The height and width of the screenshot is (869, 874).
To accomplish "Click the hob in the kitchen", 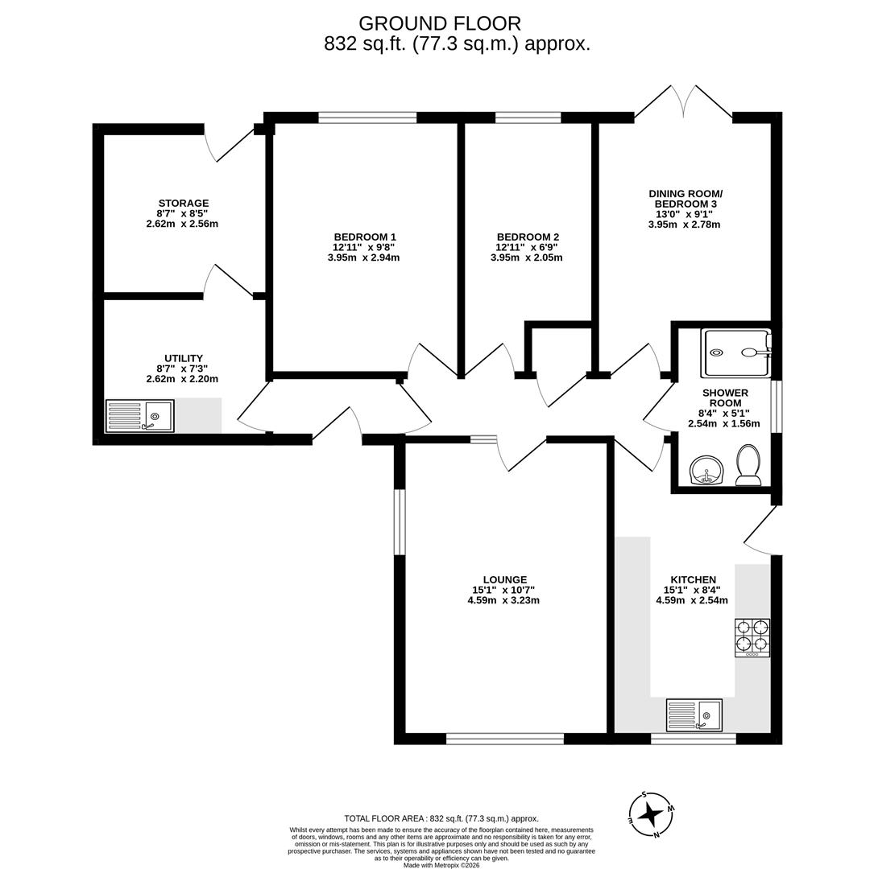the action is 752,637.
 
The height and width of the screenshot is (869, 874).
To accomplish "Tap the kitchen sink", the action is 694,715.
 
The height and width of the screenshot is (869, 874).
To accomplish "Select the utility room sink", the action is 140,416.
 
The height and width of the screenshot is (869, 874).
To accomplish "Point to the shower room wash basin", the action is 706,471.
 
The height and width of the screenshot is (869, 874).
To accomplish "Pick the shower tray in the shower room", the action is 736,353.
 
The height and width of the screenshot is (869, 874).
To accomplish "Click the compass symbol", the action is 651,814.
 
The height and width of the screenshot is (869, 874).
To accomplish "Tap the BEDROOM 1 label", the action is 365,236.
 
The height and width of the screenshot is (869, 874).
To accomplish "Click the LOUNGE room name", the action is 505,579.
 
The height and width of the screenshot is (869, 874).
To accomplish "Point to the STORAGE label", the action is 184,204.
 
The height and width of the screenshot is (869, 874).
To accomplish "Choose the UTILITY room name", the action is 184,358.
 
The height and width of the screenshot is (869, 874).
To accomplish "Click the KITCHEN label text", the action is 694,579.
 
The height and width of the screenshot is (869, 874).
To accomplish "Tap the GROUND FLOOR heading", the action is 440,23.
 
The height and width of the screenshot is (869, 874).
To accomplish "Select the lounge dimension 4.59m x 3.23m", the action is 503,600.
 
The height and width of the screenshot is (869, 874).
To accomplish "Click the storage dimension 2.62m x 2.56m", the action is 182,224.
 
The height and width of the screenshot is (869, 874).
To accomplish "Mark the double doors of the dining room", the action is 683,103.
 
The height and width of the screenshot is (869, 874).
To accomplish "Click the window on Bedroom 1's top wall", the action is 367,117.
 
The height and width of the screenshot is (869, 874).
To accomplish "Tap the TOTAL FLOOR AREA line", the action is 441,818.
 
